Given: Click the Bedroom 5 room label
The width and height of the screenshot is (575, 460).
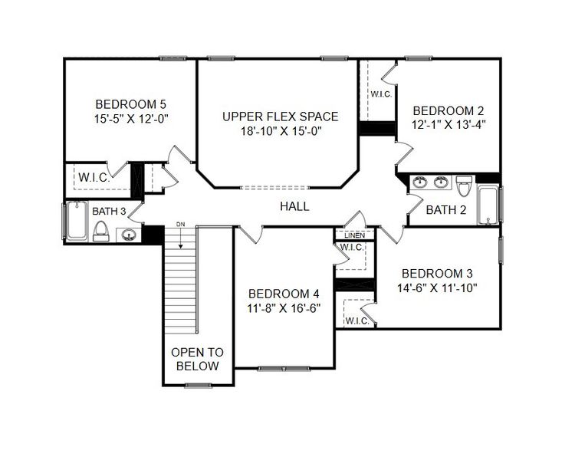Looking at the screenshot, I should (130, 103).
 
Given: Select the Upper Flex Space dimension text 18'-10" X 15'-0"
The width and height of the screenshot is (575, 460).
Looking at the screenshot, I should (280, 131).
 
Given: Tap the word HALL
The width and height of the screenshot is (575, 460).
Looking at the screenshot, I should (294, 205).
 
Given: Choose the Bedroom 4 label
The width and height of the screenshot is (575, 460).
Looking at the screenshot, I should (284, 294).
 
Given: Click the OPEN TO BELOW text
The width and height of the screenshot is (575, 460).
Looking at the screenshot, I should (197, 359).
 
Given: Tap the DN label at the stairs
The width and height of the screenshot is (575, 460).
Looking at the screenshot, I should (181, 224).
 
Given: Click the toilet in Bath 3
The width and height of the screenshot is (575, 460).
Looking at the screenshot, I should (100, 230).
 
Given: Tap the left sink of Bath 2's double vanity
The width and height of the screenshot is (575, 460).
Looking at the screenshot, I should (419, 182).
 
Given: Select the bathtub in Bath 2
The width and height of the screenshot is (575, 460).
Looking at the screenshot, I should (488, 204).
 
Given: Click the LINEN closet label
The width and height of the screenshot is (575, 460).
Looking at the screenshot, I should (353, 235).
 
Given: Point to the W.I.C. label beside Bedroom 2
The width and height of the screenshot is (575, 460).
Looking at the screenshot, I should (382, 94).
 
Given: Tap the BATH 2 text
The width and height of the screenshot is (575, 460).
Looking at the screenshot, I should (445, 210).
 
